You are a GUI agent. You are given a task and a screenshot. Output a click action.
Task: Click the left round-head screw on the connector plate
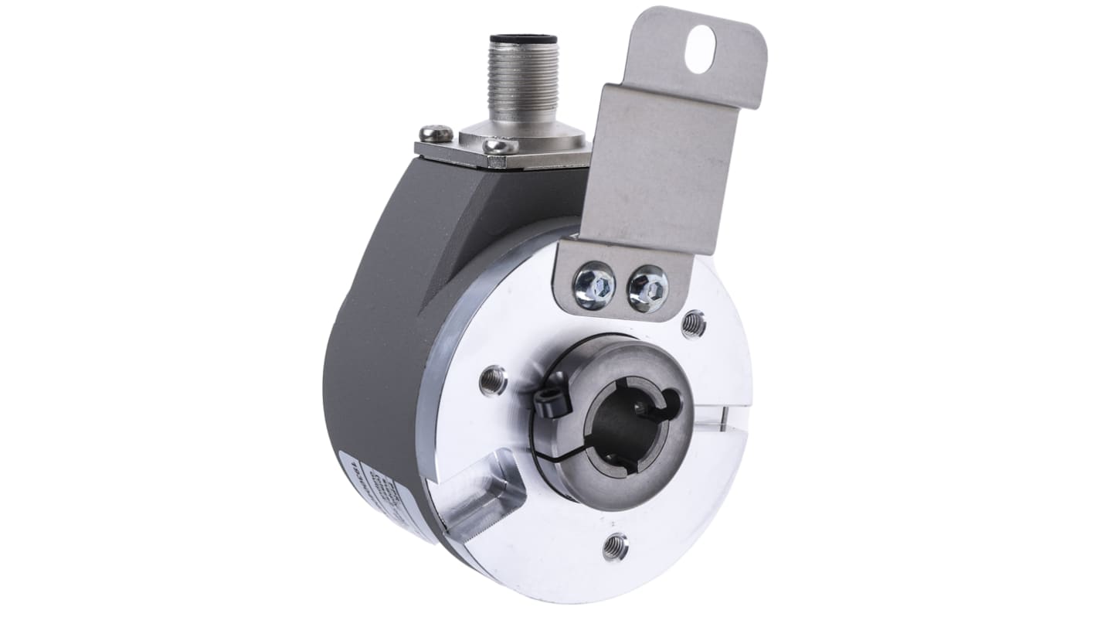[436, 134]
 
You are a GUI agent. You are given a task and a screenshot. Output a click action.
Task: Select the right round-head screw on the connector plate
[499, 145]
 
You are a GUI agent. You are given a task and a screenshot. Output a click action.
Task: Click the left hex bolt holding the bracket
[594, 285]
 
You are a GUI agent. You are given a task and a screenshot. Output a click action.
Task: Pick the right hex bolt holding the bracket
[647, 288]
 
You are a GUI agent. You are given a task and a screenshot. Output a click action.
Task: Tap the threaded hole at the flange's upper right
[693, 325]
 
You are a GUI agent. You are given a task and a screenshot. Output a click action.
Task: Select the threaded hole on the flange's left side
[492, 380]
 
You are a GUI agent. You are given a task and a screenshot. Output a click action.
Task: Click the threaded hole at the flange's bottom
[615, 546]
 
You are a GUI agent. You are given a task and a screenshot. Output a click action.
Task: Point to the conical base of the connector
[525, 136]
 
